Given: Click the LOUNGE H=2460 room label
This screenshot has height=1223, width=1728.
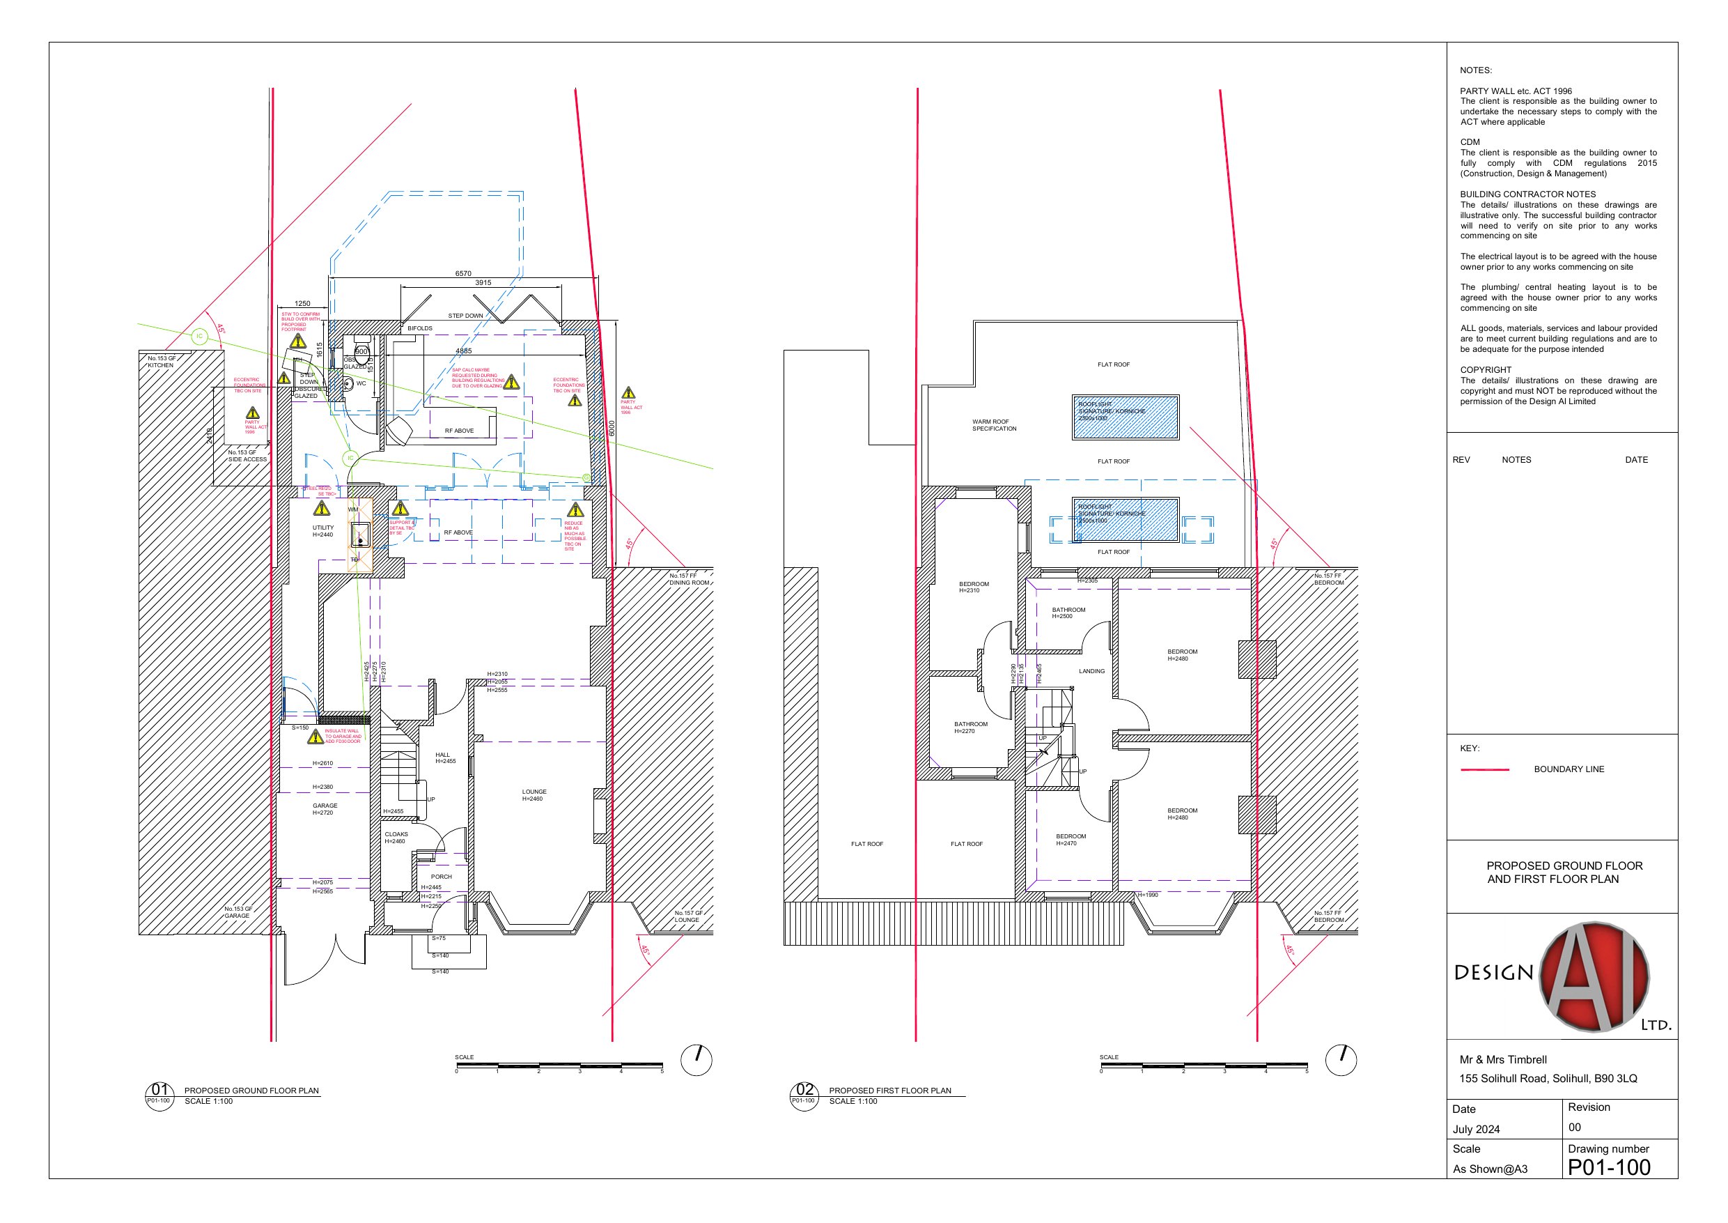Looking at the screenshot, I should point(534,795).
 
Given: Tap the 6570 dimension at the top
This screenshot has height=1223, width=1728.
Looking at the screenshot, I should point(463,273).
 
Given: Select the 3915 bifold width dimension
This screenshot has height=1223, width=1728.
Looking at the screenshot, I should point(483,283).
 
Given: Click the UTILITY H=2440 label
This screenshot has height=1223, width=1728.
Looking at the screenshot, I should point(323,531).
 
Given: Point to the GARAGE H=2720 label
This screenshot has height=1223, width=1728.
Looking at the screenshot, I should point(325,809).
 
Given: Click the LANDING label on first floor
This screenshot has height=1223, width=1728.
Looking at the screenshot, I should point(1091,671).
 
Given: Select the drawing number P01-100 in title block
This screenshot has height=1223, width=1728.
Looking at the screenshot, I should point(1608,1167).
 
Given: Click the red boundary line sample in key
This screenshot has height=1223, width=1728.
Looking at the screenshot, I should point(1484,769).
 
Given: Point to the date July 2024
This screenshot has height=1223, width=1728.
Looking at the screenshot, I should point(1475,1129).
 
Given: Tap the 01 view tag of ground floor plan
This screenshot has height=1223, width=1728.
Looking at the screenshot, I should point(159,1090).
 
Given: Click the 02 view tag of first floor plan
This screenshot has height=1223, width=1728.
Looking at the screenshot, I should point(804,1090).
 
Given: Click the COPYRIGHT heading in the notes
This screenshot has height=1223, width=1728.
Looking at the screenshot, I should point(1485,370).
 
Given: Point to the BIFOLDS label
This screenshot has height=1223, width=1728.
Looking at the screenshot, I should point(420,328).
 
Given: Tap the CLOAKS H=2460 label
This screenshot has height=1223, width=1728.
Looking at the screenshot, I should point(396,838).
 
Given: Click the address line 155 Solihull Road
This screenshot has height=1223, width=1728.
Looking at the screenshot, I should point(1548,1079).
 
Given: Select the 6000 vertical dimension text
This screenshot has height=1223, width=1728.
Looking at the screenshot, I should point(612,428).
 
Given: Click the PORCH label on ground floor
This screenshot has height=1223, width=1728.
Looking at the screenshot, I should point(441,877).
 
